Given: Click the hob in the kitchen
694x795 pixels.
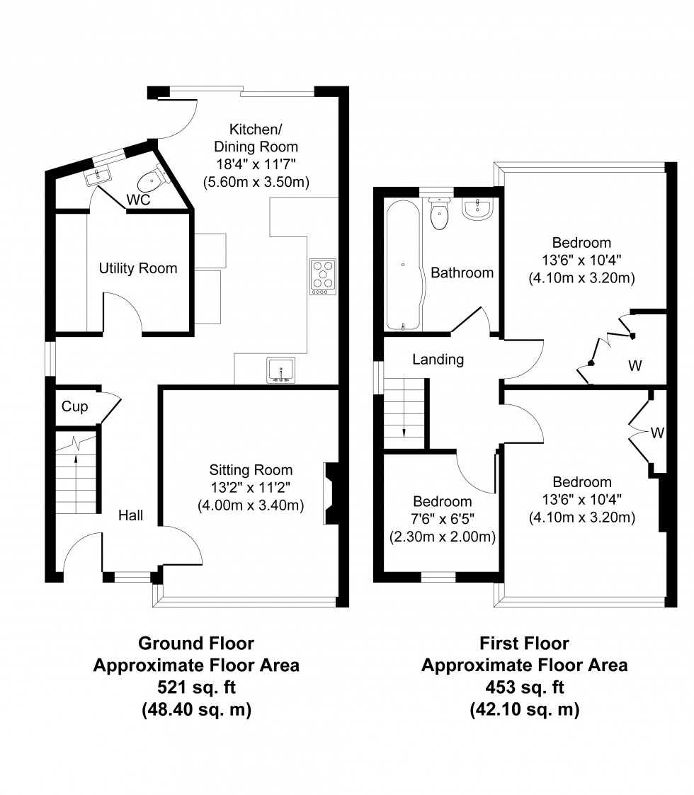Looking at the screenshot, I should click(322, 277).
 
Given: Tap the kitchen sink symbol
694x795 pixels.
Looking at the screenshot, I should click(282, 370).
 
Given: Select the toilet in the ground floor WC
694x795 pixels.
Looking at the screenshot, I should click(151, 182).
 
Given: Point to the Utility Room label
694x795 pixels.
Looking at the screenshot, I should click(138, 268).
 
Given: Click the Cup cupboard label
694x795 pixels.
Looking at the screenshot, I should click(74, 406).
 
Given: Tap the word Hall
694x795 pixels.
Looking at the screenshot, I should click(130, 515).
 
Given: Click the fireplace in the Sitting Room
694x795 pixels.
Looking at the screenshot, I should click(330, 495).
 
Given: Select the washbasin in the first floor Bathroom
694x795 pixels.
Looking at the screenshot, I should click(478, 207).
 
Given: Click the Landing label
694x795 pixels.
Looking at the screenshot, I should click(438, 360).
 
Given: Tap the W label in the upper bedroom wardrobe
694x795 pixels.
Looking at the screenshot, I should click(635, 366).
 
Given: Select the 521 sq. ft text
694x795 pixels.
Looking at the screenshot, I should click(196, 687).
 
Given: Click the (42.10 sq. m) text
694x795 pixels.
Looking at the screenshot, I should click(524, 709).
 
